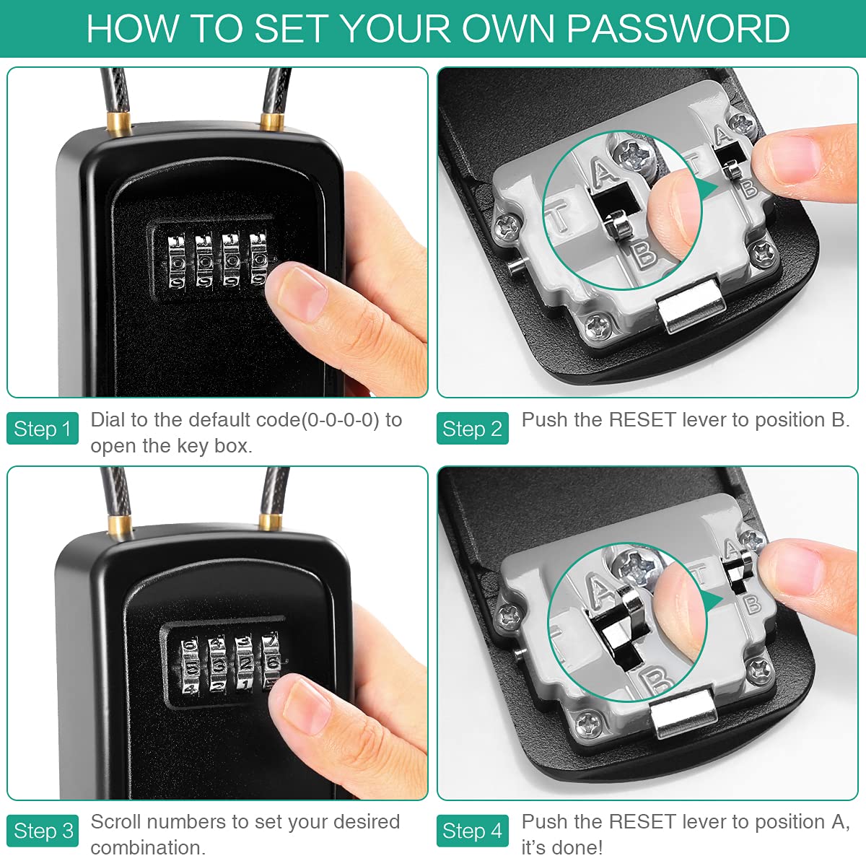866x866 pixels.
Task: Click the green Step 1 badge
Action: point(42,429)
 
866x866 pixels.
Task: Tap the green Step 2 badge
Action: point(472,429)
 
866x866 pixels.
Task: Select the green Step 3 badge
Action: point(43,831)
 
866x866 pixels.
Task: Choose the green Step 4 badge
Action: point(472,831)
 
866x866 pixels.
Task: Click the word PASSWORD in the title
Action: point(678,29)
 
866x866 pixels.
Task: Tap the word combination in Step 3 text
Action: point(147,847)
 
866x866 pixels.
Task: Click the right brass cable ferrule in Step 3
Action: point(271,521)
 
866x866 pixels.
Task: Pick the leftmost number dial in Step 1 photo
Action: point(177,261)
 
